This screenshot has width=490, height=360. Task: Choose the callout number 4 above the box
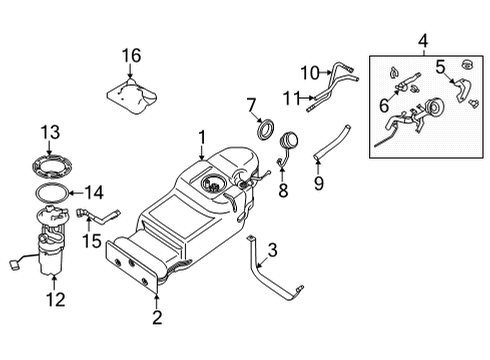click(x=423, y=43)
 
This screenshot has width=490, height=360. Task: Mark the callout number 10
click(x=309, y=72)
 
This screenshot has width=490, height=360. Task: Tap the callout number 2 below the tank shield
click(x=157, y=319)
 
